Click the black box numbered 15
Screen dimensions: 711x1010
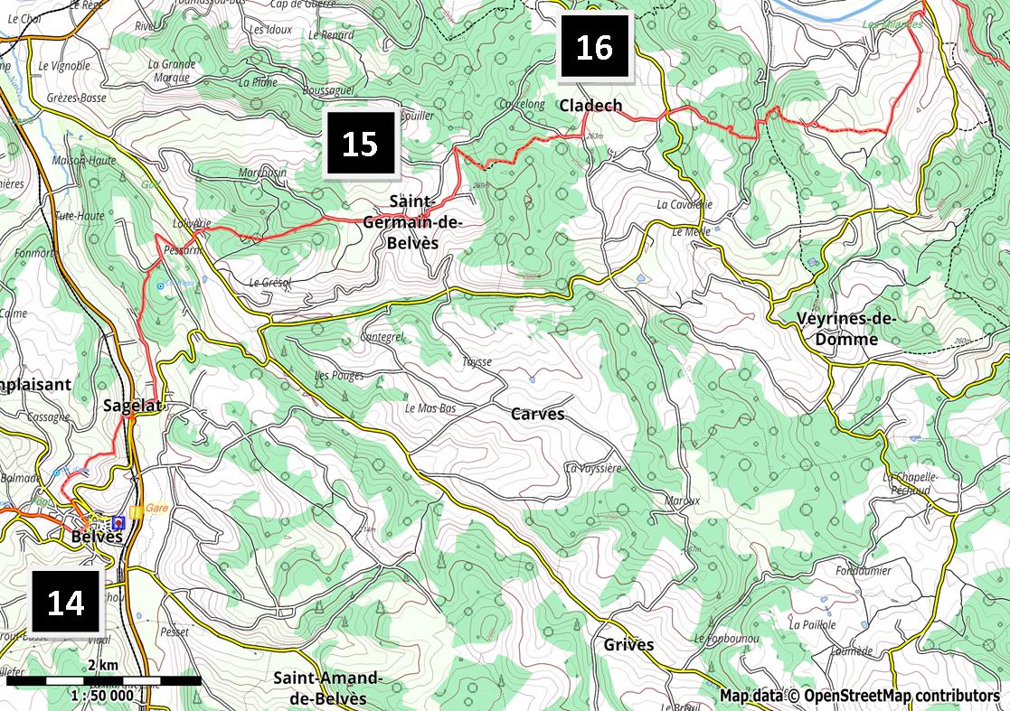(x=360, y=143)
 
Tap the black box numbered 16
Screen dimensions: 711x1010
(x=594, y=46)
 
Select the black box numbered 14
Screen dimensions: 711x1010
(x=66, y=602)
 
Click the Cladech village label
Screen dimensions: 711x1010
(x=590, y=106)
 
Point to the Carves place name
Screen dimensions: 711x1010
(x=537, y=415)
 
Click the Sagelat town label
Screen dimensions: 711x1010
(x=132, y=406)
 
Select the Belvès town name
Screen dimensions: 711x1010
(x=97, y=537)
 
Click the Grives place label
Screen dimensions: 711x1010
(x=628, y=645)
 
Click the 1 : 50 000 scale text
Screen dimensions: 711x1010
(x=102, y=696)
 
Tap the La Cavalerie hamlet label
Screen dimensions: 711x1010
(x=684, y=204)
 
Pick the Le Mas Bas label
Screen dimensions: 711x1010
(x=430, y=408)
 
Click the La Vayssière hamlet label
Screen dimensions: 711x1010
(x=593, y=468)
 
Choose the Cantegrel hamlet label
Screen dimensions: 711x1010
(x=382, y=337)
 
